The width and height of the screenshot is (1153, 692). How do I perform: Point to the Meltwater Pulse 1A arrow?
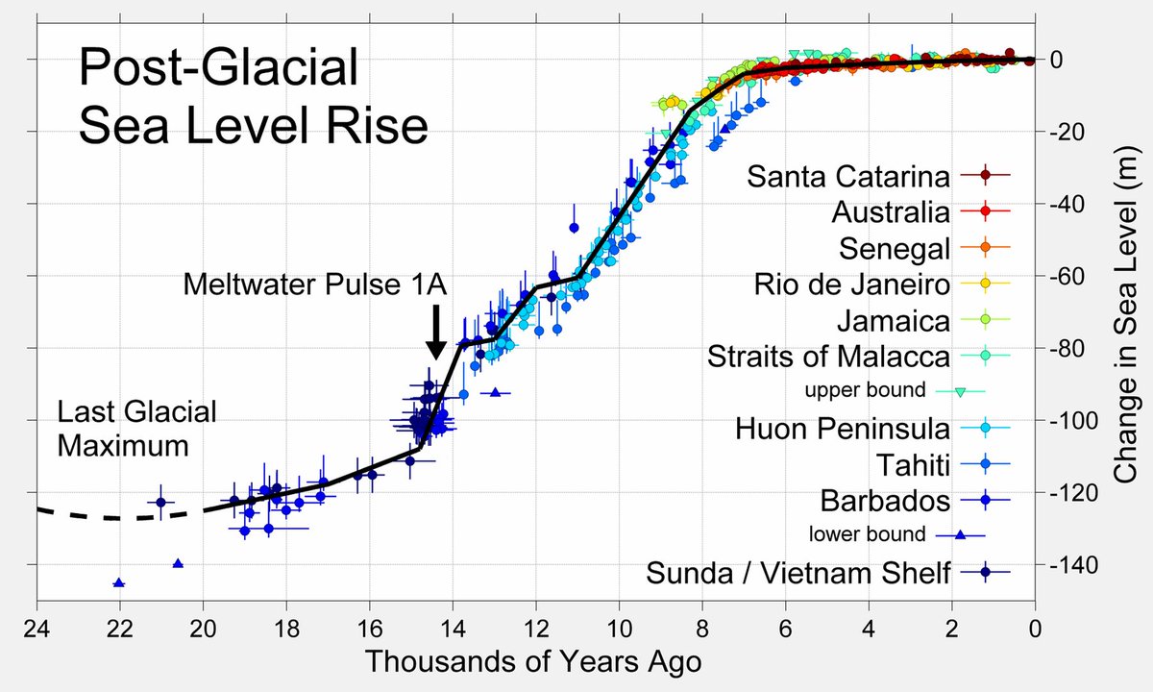(435, 333)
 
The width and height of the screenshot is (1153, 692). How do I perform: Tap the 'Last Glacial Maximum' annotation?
(136, 429)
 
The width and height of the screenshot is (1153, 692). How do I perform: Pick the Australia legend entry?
(891, 211)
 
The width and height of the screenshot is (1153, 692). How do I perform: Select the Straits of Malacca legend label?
(828, 356)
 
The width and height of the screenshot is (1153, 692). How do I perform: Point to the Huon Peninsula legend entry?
(844, 428)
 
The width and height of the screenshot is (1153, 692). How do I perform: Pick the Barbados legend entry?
(885, 501)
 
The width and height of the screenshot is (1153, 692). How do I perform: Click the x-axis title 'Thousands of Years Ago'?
(533, 662)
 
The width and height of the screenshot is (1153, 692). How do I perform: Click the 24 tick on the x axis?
(37, 630)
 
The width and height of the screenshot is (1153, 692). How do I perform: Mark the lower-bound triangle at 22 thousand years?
(118, 582)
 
